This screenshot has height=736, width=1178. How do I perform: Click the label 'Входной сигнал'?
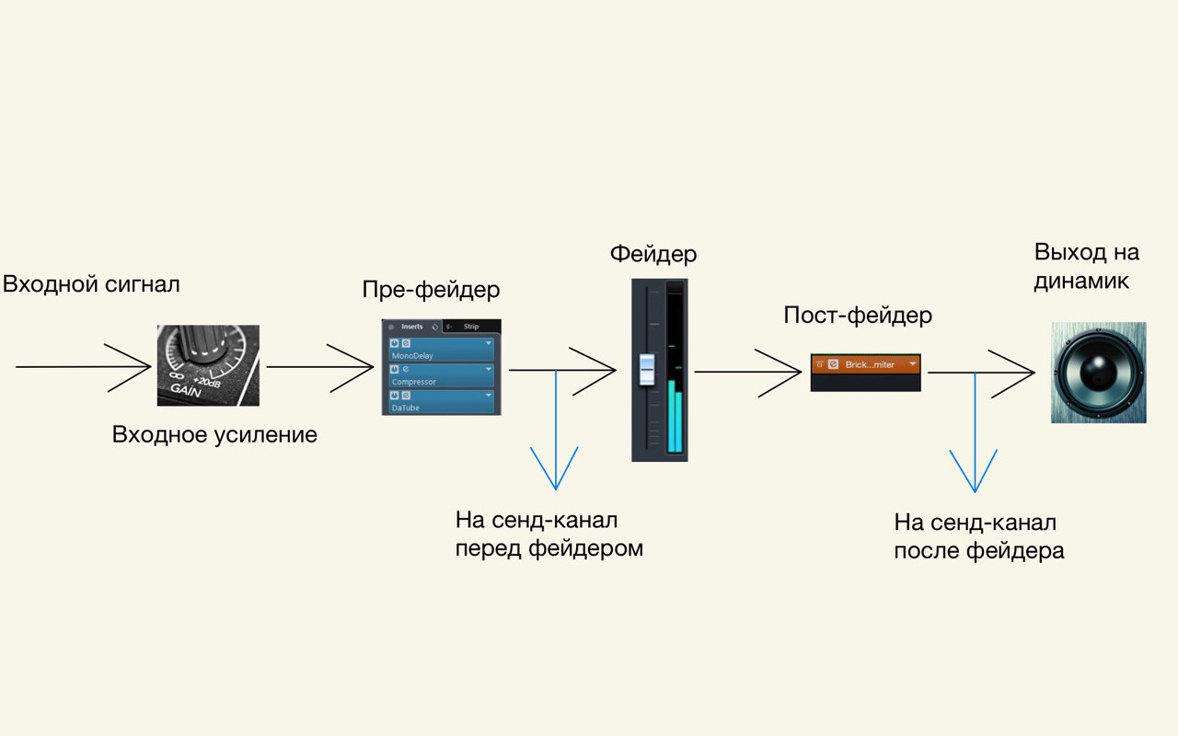coord(91,284)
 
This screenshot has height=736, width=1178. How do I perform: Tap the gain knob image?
coord(208,365)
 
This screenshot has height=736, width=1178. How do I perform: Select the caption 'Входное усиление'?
coord(214,434)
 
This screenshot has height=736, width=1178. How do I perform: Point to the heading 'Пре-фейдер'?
coord(432,291)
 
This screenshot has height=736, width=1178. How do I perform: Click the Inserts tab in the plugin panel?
coord(411,327)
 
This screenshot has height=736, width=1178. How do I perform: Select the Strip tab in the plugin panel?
coord(470,327)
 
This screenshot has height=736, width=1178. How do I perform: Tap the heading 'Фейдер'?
coord(653,254)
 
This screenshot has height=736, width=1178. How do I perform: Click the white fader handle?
coord(647,367)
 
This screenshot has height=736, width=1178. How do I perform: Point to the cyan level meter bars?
coord(676,419)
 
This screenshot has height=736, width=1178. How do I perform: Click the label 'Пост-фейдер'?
coord(858,316)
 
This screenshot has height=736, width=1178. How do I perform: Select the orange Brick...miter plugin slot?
coord(865,364)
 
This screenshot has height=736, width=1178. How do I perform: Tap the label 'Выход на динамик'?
coord(1086,267)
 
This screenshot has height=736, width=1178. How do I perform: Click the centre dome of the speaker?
coord(1097,372)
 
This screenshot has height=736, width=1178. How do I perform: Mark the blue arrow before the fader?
coord(555,432)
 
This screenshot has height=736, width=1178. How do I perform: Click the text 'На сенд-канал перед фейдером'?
coord(549,535)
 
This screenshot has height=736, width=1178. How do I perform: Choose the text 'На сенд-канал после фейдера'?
coord(979,537)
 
